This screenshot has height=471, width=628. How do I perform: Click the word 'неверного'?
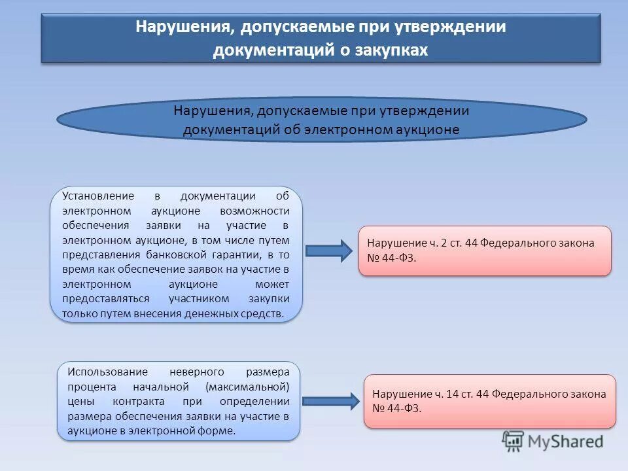[x=196, y=372]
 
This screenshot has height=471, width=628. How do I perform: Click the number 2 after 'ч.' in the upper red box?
[x=444, y=243]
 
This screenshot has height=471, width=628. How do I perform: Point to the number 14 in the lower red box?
[x=451, y=394]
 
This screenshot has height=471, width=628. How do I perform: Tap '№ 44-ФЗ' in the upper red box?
[x=392, y=258]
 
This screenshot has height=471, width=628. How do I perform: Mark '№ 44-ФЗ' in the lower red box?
[x=396, y=409]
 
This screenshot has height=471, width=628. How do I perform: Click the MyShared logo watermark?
[x=553, y=442]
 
